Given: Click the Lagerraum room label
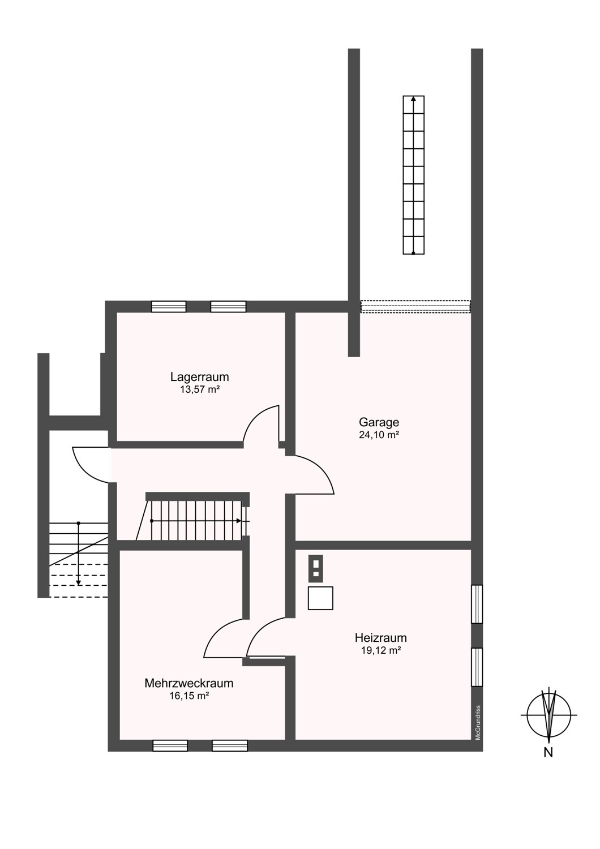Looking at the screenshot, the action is (199, 377).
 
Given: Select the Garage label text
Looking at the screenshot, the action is (379, 422).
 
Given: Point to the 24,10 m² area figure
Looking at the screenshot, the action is (379, 435).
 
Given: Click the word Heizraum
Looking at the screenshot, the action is (380, 637).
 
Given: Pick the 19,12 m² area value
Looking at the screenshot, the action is (381, 650).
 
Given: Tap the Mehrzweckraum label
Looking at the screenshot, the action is (188, 683).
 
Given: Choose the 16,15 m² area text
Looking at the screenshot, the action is (189, 696).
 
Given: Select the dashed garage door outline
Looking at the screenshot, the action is (415, 307).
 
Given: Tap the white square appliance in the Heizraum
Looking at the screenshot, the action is (320, 598).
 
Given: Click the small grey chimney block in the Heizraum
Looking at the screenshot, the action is (316, 568).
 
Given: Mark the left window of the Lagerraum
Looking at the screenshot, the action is (169, 306).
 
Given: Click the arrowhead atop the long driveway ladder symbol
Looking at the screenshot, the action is (413, 98).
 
